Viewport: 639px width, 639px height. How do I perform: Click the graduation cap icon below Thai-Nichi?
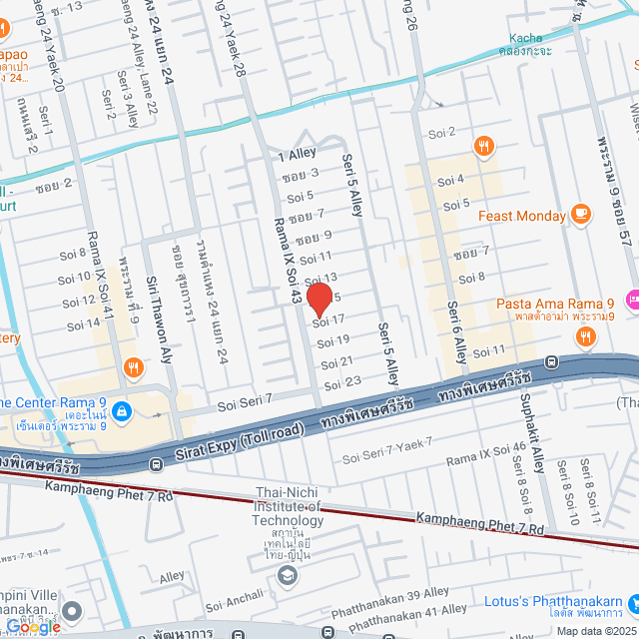(x=288, y=575)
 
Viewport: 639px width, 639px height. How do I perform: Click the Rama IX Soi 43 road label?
(x=291, y=263)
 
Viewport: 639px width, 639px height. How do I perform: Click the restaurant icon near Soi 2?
(x=483, y=146)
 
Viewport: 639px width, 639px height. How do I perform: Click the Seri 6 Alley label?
(x=455, y=330)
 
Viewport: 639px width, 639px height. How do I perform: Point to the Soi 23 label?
(x=342, y=382)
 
